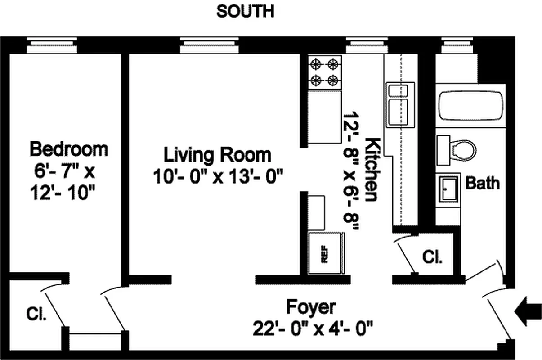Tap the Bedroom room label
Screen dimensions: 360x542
pyautogui.click(x=69, y=148)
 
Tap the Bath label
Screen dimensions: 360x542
pyautogui.click(x=482, y=183)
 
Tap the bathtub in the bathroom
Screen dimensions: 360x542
pyautogui.click(x=471, y=106)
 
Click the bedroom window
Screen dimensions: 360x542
pyautogui.click(x=52, y=45)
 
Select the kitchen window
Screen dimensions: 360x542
pyautogui.click(x=367, y=45)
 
